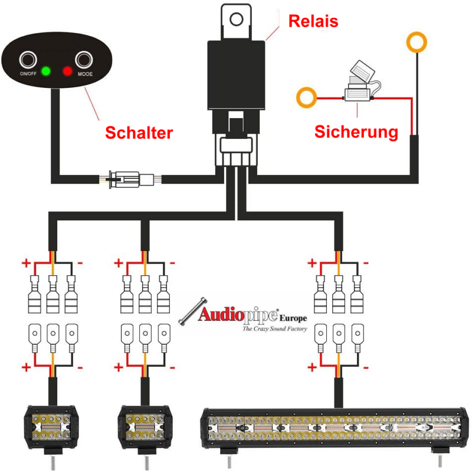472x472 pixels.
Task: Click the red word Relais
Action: click(x=313, y=22)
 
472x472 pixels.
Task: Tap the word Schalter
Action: click(x=139, y=133)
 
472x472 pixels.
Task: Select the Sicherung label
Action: click(x=356, y=131)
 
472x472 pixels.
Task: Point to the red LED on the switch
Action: click(x=67, y=72)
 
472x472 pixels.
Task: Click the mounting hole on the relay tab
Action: click(x=237, y=19)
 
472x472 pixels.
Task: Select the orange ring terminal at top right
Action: click(x=418, y=43)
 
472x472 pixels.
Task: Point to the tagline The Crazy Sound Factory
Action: click(x=275, y=328)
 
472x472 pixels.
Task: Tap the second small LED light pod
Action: click(x=145, y=428)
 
